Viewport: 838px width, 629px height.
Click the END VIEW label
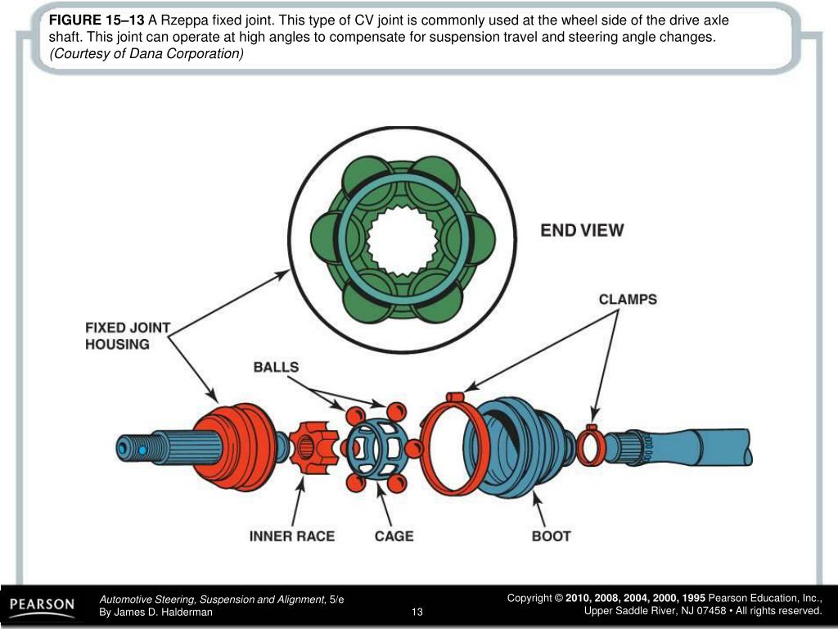(x=581, y=231)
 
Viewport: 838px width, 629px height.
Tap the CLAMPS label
(x=627, y=300)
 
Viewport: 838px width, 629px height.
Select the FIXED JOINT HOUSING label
(x=128, y=336)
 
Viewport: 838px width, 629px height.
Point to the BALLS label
(x=276, y=367)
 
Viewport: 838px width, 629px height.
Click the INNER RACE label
(x=291, y=536)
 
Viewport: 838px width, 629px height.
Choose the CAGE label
(x=394, y=536)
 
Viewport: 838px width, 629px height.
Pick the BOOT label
(x=551, y=536)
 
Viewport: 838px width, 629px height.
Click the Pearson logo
(x=42, y=606)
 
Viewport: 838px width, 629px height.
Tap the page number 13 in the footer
(x=417, y=612)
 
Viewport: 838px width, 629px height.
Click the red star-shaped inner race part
(x=313, y=447)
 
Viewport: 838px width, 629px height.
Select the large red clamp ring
(x=449, y=446)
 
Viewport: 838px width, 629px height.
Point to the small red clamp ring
(x=590, y=447)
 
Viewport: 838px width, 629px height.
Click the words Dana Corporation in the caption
(x=196, y=53)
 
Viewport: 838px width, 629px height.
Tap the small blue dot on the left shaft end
(x=142, y=450)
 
